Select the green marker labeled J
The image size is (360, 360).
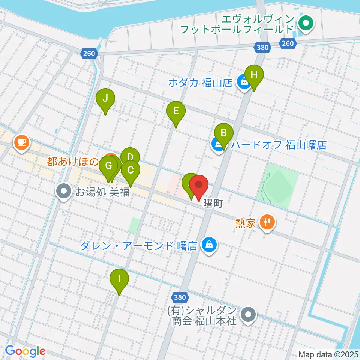point(105,99)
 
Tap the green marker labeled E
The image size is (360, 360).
point(175,111)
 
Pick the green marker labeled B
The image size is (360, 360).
point(224,133)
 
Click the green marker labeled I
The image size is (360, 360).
point(119,279)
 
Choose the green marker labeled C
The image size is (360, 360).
point(130,170)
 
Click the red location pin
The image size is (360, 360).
point(199,185)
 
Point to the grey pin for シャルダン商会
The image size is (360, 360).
point(248,315)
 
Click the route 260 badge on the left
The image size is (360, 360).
point(89,54)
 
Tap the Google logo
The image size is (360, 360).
point(25,351)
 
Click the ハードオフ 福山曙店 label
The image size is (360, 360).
point(279,145)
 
